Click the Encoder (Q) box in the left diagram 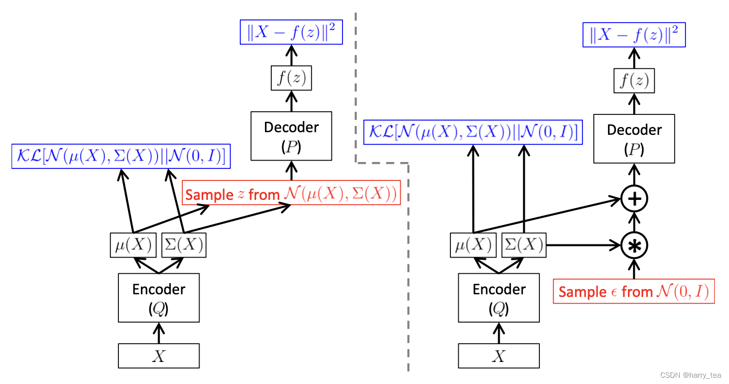click(x=159, y=297)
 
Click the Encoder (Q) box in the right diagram click(x=499, y=297)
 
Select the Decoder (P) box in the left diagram click(x=291, y=136)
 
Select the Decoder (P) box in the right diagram click(x=634, y=138)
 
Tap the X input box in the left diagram click(x=159, y=356)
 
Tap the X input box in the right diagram click(x=499, y=356)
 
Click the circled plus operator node click(x=634, y=199)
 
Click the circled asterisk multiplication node click(x=634, y=245)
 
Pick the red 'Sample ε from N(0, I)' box click(x=634, y=291)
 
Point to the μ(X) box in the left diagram click(x=134, y=245)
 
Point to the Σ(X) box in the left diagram click(x=183, y=245)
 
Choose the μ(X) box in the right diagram click(x=473, y=245)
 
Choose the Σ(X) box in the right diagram click(x=523, y=245)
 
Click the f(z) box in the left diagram click(x=291, y=79)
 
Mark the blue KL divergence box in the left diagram click(x=121, y=157)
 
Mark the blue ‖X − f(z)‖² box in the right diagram click(x=634, y=35)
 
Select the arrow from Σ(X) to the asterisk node click(x=581, y=245)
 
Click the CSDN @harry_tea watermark click(x=690, y=375)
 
